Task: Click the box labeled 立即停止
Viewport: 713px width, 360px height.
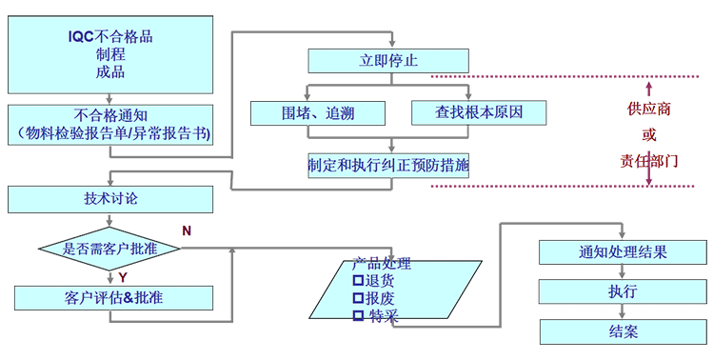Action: pyautogui.click(x=388, y=60)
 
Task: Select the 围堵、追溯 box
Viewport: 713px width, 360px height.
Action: pyautogui.click(x=305, y=112)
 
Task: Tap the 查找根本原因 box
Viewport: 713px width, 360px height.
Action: pyautogui.click(x=479, y=112)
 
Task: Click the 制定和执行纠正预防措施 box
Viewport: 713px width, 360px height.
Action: pyautogui.click(x=388, y=164)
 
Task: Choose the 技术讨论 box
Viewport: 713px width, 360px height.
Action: pyautogui.click(x=110, y=199)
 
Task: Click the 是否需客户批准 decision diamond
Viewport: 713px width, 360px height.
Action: pyautogui.click(x=110, y=249)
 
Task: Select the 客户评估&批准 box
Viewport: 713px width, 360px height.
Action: pyautogui.click(x=110, y=297)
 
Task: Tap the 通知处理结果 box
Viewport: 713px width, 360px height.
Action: pyautogui.click(x=623, y=252)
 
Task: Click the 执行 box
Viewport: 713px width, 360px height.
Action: pyautogui.click(x=623, y=291)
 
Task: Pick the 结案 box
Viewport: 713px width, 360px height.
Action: pyautogui.click(x=623, y=331)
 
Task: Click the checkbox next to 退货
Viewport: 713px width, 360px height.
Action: pyautogui.click(x=358, y=281)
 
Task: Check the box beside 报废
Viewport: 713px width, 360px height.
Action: pyautogui.click(x=358, y=297)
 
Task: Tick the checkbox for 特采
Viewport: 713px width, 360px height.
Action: pyautogui.click(x=359, y=314)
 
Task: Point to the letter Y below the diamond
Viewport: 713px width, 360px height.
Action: pyautogui.click(x=124, y=276)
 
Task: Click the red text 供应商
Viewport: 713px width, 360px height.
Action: pyautogui.click(x=648, y=110)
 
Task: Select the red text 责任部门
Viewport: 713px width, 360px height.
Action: pyautogui.click(x=648, y=161)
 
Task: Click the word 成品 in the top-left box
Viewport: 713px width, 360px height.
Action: pyautogui.click(x=110, y=72)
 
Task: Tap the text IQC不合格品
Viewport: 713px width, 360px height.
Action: pyautogui.click(x=110, y=36)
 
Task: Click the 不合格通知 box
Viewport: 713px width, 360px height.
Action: pyautogui.click(x=110, y=125)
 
